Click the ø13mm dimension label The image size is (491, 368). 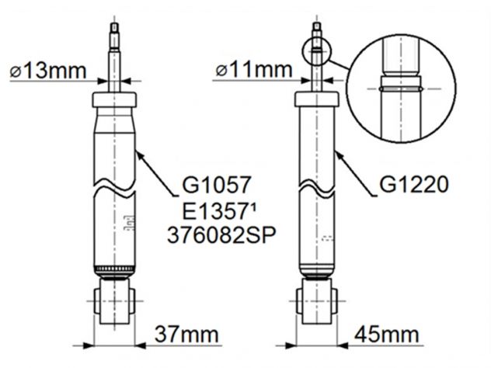click(x=48, y=71)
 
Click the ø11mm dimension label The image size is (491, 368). click(x=254, y=69)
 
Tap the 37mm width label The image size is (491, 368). click(x=186, y=334)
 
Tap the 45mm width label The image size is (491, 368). click(x=387, y=334)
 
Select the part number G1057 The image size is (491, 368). click(x=217, y=185)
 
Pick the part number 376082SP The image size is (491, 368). click(x=221, y=235)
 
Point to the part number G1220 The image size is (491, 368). click(x=414, y=185)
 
